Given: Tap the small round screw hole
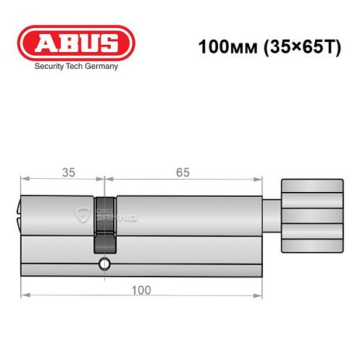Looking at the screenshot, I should [106, 264].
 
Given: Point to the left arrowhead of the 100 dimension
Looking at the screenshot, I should [24, 295].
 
